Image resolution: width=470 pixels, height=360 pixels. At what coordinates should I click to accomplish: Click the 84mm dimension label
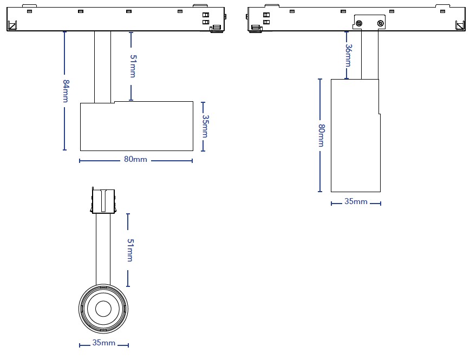[66, 91]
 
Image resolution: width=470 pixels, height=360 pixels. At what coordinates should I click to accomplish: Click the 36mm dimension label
[348, 55]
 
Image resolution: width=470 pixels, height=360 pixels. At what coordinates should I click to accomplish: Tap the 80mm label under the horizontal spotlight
[135, 159]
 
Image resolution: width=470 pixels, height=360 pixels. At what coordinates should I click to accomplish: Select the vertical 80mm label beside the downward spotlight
[321, 135]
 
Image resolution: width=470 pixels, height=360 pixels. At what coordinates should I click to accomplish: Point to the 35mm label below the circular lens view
[104, 343]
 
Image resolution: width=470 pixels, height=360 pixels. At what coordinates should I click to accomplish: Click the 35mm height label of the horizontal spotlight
[205, 126]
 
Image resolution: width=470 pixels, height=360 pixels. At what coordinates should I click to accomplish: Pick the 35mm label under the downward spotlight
[356, 201]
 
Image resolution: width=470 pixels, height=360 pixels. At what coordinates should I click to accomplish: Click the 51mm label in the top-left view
[133, 66]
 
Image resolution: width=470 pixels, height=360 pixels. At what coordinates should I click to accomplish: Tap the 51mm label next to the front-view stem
[130, 250]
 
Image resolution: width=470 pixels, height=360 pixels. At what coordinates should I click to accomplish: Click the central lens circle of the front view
[103, 309]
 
